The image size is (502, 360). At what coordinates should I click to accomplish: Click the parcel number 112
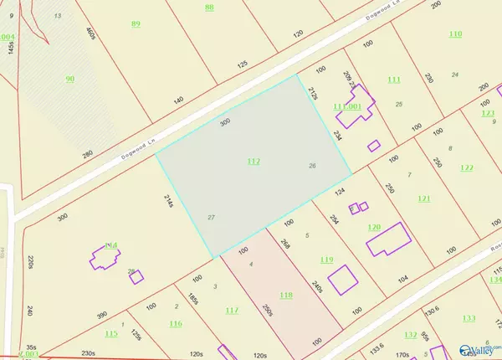(x=254, y=160)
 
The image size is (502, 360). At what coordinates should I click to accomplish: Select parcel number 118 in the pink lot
(x=287, y=296)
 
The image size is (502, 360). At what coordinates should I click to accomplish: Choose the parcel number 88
(x=208, y=8)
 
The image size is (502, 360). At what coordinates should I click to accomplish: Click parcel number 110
(x=455, y=33)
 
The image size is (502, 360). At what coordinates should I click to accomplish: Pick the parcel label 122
(x=467, y=167)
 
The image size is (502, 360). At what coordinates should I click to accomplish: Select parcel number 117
(x=233, y=311)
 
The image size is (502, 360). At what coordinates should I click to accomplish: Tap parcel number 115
(x=111, y=334)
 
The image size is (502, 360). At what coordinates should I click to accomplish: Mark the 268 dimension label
(x=285, y=244)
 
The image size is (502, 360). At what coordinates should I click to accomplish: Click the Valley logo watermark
(x=482, y=341)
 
